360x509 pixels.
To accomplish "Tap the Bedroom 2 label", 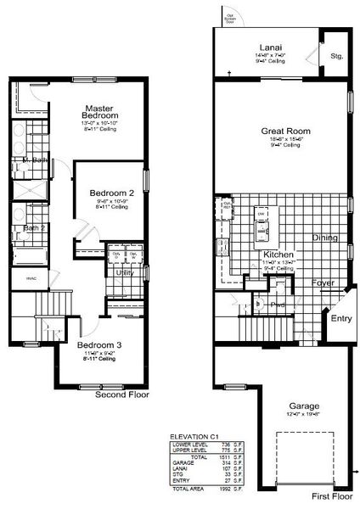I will pyautogui.click(x=110, y=193).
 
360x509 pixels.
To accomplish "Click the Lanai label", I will pyautogui.click(x=273, y=48).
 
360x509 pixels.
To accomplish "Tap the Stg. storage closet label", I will pyautogui.click(x=337, y=57).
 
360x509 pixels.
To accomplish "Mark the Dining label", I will pyautogui.click(x=326, y=238).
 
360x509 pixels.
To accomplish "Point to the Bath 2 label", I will pyautogui.click(x=33, y=228).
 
